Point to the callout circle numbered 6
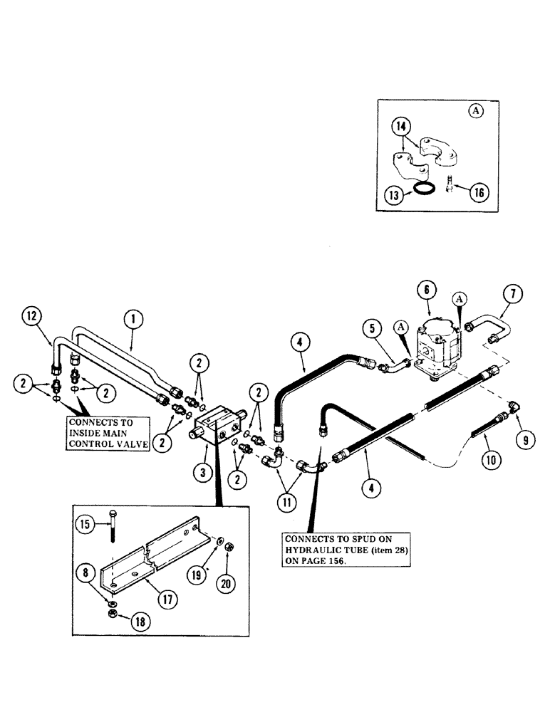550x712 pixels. (426, 290)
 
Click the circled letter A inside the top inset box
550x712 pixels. (475, 110)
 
